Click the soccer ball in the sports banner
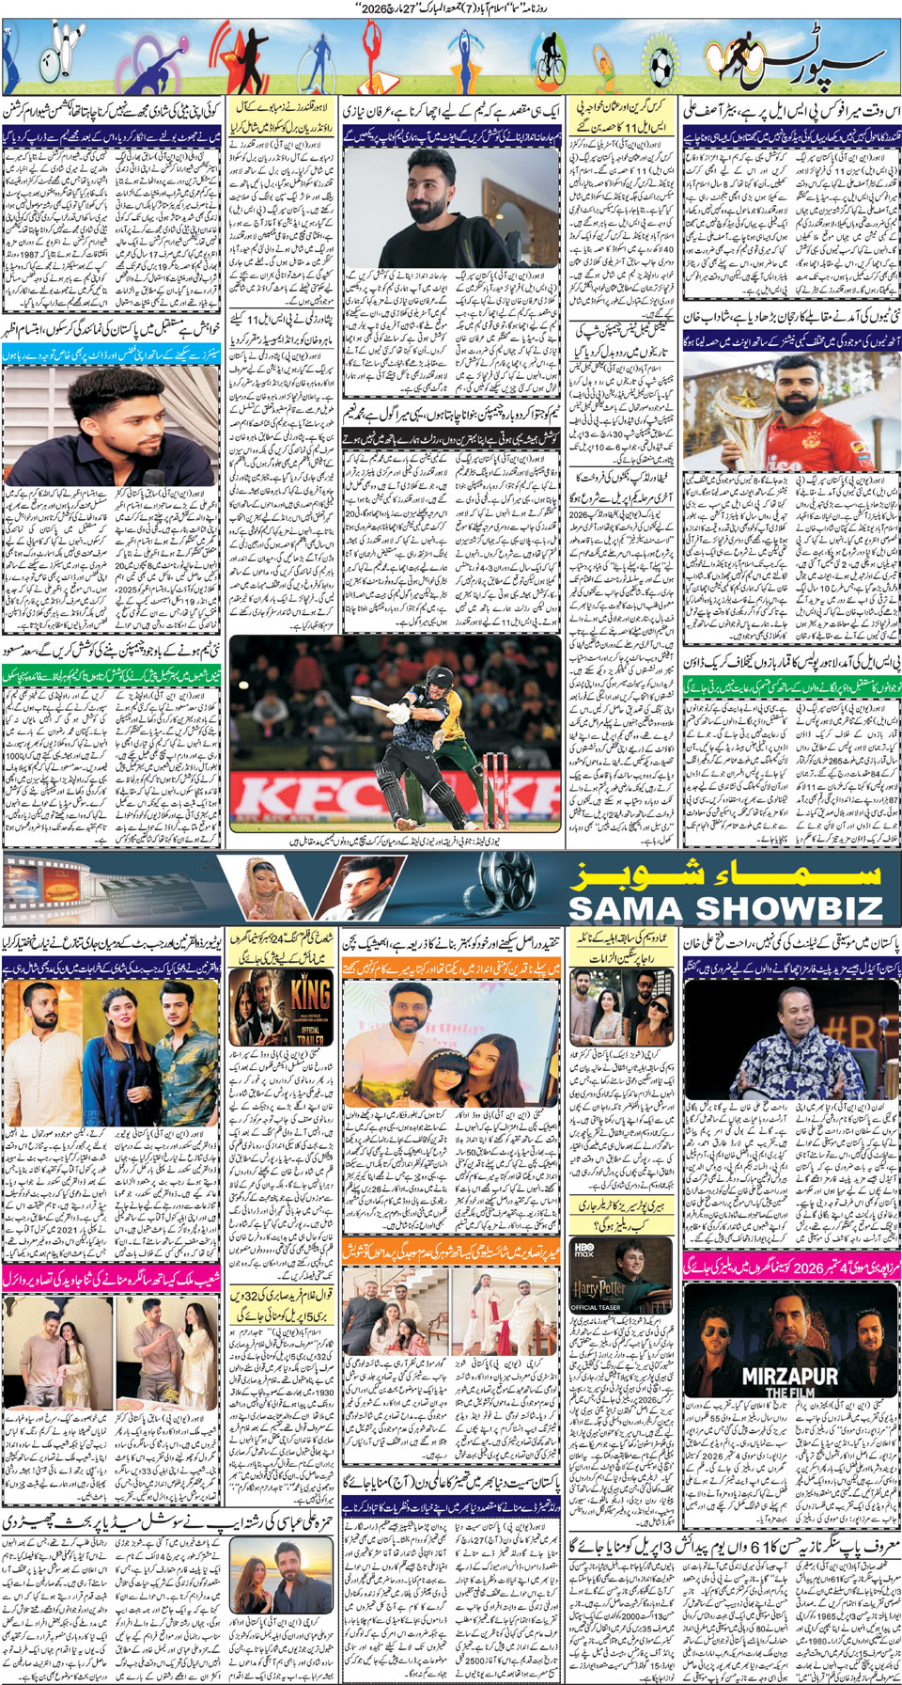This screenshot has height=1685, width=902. point(661,65)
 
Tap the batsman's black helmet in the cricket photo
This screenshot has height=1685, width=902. point(411,677)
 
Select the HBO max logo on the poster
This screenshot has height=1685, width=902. point(583,1249)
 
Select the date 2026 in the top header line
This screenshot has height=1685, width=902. point(375,8)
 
